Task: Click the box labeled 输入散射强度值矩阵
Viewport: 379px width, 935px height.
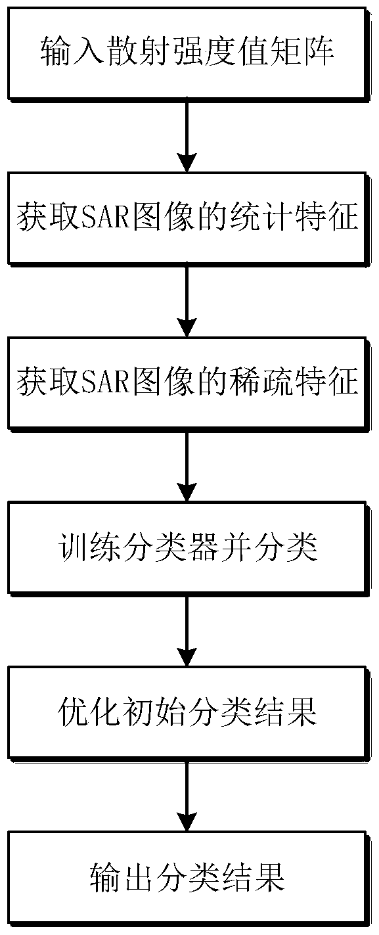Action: point(189,53)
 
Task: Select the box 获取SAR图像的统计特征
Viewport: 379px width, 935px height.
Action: point(189,217)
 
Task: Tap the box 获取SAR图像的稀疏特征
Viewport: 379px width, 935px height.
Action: point(189,382)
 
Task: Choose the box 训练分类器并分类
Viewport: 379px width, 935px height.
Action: point(189,547)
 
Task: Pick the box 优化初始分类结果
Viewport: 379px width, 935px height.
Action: point(189,712)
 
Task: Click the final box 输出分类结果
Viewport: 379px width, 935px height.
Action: point(189,877)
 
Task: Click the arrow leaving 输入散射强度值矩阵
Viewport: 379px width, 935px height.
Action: point(187,135)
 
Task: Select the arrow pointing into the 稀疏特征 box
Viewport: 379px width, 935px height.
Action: point(187,300)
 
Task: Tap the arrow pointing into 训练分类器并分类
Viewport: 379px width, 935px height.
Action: point(187,465)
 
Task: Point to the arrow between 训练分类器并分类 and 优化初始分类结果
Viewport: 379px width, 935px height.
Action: point(187,630)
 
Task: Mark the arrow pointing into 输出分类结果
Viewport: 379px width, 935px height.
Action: point(187,795)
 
